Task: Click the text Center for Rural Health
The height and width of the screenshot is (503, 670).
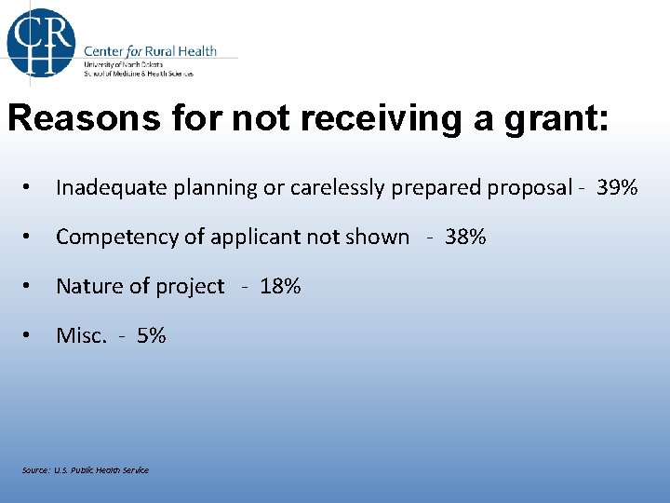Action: [150, 50]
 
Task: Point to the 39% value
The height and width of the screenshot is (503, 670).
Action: [617, 187]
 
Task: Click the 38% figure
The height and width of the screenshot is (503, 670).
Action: [465, 237]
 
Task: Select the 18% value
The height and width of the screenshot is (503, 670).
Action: [280, 286]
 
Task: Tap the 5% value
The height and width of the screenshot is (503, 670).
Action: [151, 335]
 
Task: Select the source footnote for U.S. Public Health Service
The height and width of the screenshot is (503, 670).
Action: [86, 469]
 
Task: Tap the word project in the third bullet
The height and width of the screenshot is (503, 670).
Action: [194, 286]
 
